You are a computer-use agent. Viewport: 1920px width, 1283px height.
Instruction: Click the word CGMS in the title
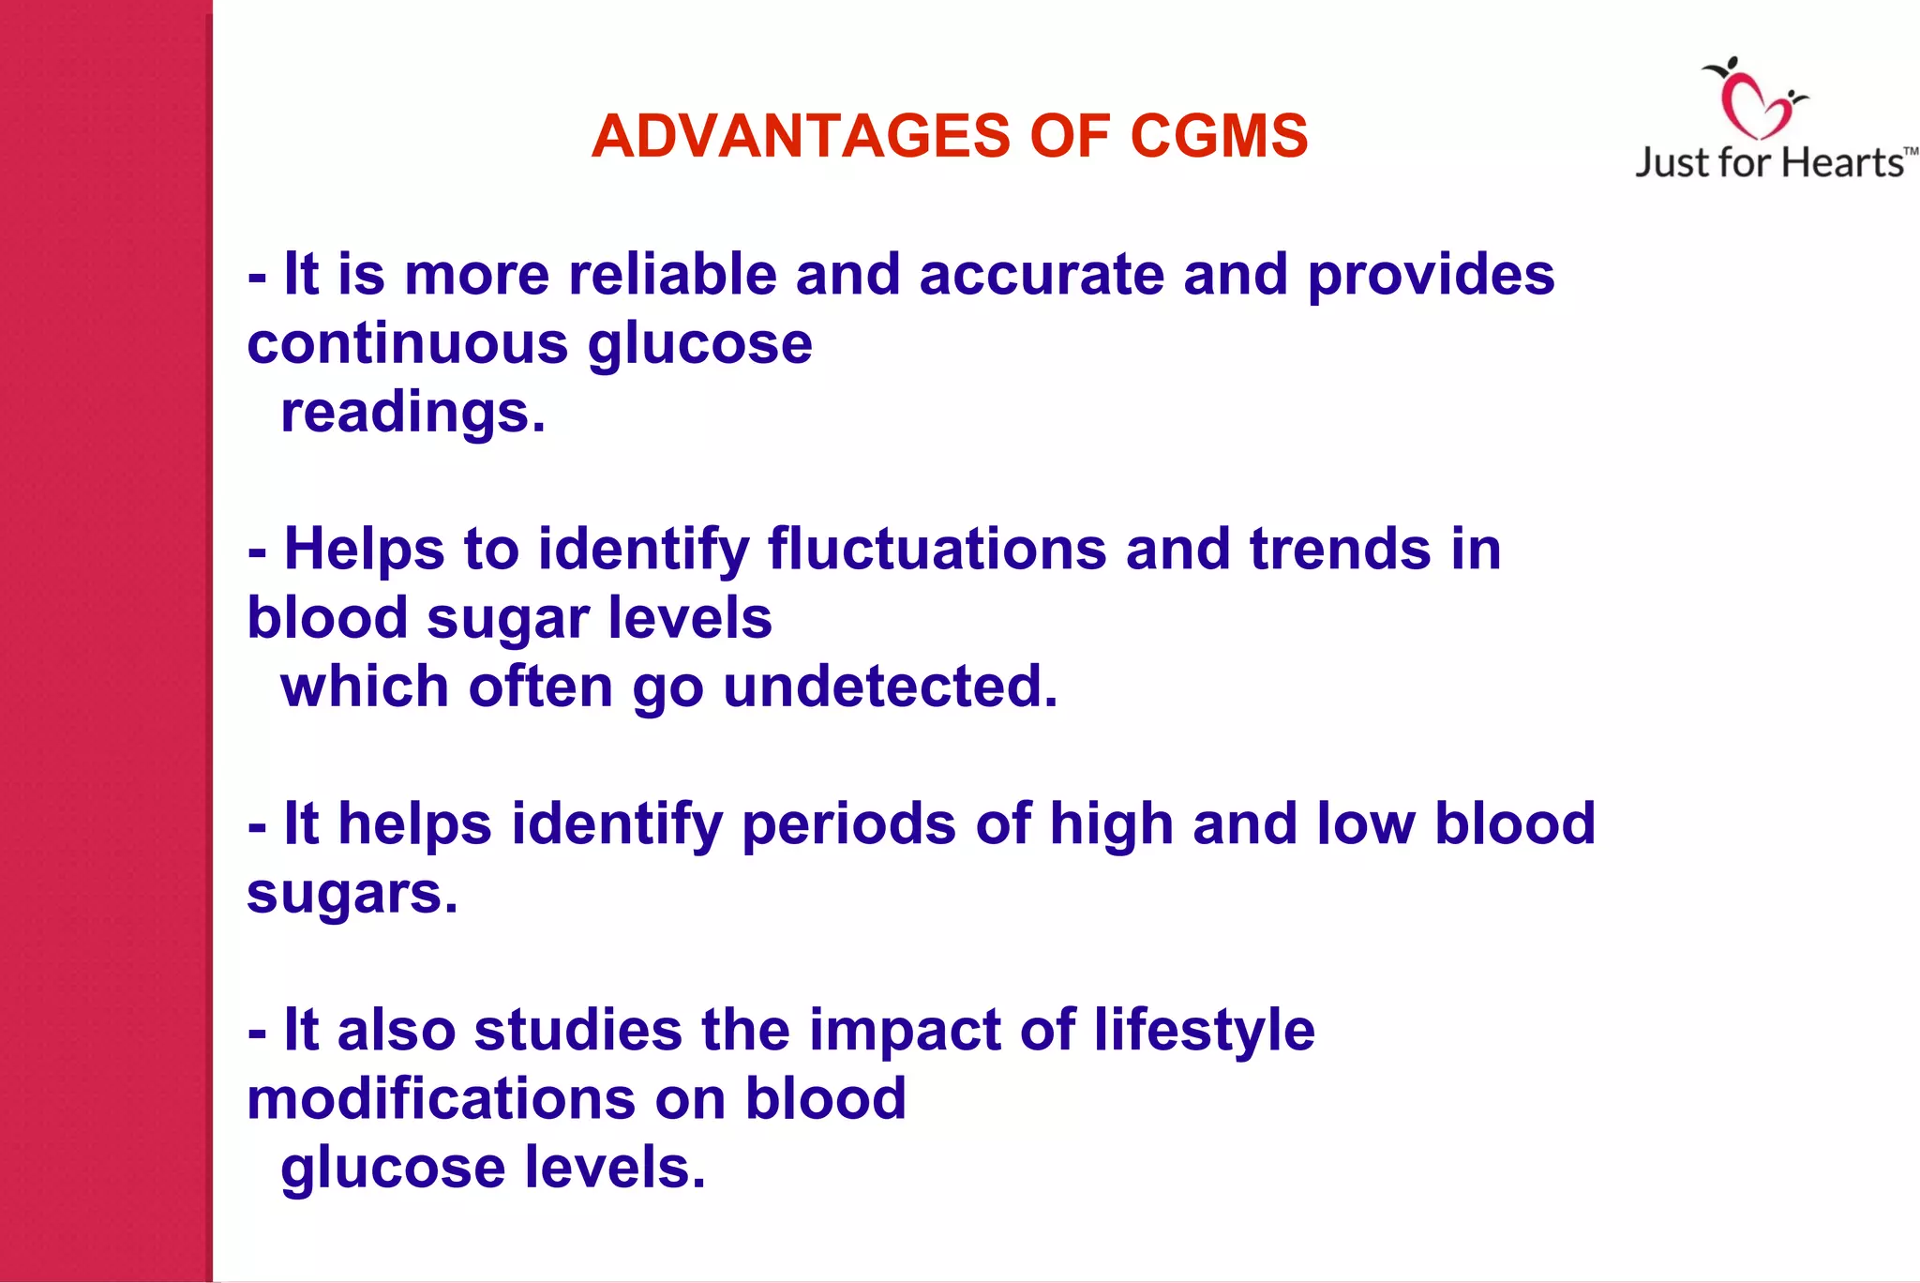click(1219, 137)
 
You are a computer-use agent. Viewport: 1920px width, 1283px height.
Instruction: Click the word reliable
click(672, 275)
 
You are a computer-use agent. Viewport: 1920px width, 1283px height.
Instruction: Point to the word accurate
click(1041, 275)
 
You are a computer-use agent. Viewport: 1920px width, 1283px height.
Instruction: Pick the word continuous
click(408, 343)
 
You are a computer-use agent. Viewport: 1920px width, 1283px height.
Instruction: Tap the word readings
click(412, 414)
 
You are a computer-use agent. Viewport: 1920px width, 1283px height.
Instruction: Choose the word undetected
click(890, 687)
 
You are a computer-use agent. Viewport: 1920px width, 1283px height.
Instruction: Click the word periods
click(848, 824)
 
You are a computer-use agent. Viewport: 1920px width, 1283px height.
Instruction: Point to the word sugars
click(352, 895)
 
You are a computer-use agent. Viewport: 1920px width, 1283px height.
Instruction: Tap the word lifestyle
click(1204, 1031)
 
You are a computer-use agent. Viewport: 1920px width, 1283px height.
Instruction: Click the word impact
click(905, 1031)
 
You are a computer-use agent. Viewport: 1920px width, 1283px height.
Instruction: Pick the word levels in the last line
click(614, 1168)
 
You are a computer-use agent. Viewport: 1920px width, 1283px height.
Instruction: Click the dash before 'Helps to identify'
click(257, 552)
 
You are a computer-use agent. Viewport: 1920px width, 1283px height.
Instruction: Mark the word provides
click(1431, 275)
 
